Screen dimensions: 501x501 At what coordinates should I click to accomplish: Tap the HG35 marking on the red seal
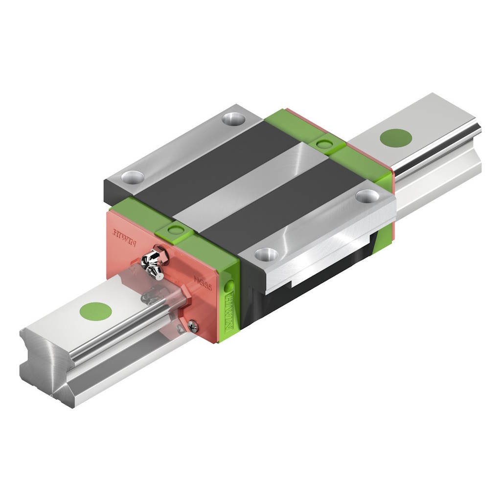[203, 282]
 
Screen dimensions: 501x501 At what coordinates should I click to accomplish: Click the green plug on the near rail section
[95, 311]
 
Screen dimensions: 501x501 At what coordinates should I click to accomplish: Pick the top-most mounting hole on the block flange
[233, 117]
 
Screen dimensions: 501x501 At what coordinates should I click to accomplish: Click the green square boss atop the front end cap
[175, 229]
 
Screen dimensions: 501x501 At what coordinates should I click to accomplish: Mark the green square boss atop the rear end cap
[323, 143]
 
